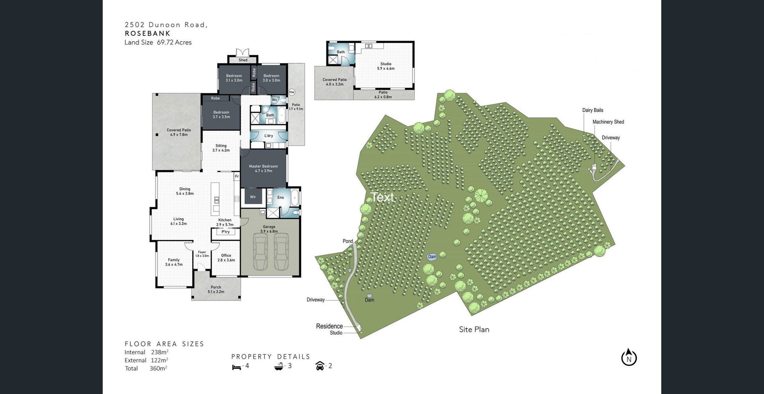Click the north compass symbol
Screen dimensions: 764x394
click(629, 357)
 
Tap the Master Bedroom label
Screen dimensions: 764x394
click(263, 169)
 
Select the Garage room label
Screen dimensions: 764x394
click(269, 229)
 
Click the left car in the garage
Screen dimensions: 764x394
click(260, 252)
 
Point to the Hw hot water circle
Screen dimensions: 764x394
click(292, 92)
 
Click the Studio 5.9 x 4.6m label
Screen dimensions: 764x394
click(386, 66)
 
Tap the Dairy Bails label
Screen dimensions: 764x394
click(593, 110)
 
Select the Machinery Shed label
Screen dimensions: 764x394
click(608, 122)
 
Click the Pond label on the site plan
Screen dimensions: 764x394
click(348, 241)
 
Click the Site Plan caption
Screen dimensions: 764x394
click(474, 329)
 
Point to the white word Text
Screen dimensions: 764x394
click(382, 197)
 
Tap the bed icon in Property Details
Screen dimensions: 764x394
click(236, 367)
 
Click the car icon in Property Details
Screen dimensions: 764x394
click(320, 366)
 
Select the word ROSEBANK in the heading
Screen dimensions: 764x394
click(148, 33)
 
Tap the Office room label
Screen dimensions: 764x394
click(226, 258)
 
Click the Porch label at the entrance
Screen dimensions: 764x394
click(216, 289)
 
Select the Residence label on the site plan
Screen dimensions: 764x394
click(329, 326)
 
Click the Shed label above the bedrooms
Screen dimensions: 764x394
click(243, 60)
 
